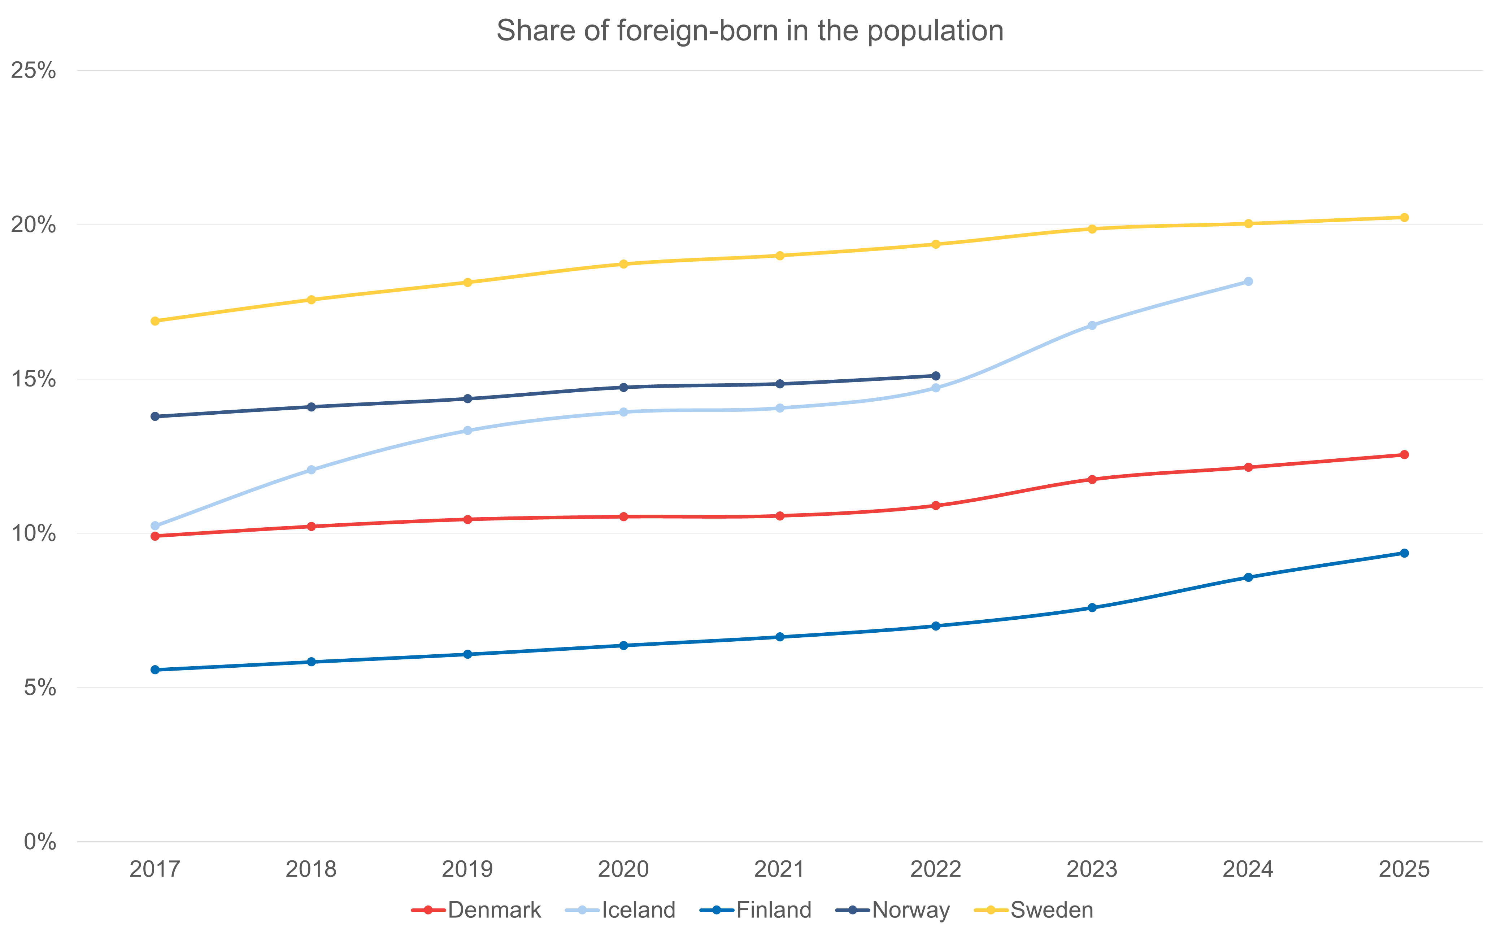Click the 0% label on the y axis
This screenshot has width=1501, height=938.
pyautogui.click(x=40, y=842)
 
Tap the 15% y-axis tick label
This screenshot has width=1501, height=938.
pyautogui.click(x=34, y=379)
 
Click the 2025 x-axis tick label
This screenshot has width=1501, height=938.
pyautogui.click(x=1404, y=869)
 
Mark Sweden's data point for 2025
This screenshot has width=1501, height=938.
pyautogui.click(x=1404, y=218)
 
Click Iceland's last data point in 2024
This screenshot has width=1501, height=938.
pyautogui.click(x=1248, y=282)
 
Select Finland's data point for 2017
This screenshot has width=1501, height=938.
pyautogui.click(x=155, y=670)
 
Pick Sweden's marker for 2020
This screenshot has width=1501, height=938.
pyautogui.click(x=623, y=264)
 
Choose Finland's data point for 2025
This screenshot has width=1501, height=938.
pyautogui.click(x=1404, y=553)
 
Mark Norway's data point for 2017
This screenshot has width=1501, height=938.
pyautogui.click(x=155, y=416)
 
